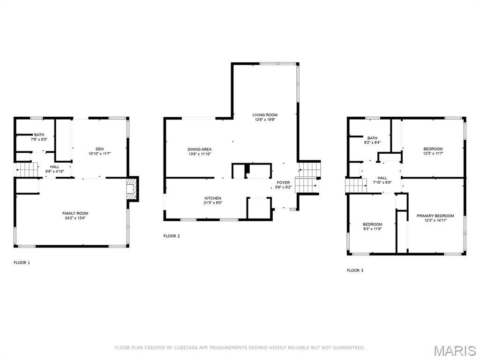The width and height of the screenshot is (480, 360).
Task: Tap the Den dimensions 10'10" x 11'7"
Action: click(99, 153)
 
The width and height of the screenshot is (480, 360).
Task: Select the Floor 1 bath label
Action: click(39, 135)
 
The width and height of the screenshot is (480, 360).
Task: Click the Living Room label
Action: click(265, 115)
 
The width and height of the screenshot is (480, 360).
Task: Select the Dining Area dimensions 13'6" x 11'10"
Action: click(200, 154)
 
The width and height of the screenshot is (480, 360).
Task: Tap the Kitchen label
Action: click(212, 198)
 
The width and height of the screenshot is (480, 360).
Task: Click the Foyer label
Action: click(283, 182)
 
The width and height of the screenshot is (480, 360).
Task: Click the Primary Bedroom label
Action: click(435, 216)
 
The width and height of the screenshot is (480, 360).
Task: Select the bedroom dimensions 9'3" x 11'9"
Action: click(372, 229)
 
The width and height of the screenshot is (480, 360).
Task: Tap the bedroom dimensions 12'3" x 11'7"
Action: click(433, 154)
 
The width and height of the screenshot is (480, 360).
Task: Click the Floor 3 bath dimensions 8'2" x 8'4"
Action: click(372, 142)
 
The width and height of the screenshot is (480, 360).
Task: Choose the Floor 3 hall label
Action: click(382, 178)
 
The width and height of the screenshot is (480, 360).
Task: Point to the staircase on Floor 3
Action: click(355, 185)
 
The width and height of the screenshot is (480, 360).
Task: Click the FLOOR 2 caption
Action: click(172, 236)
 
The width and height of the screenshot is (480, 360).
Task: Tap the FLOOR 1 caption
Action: click(22, 262)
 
